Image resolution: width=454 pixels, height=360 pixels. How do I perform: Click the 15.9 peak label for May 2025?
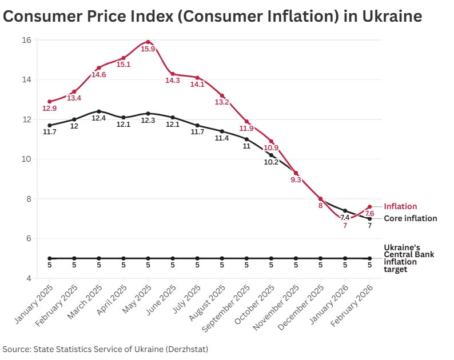pos(148,49)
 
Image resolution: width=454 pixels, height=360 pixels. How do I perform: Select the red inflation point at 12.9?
pos(50,102)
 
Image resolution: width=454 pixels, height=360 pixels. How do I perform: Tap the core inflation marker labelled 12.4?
pos(99,111)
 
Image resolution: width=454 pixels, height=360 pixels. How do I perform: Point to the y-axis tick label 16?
pos(26,40)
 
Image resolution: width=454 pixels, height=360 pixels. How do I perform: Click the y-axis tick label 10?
pos(26,159)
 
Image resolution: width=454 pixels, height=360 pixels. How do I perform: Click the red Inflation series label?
pos(400,206)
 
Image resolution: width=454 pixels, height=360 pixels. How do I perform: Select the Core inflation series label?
pos(410,218)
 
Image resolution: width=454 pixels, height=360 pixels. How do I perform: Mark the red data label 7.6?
pos(369,213)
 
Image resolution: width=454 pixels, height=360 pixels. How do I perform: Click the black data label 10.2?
pos(271,162)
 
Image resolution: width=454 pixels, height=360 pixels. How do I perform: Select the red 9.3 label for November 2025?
pos(296,180)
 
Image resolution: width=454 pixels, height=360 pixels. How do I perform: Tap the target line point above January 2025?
pos(50,258)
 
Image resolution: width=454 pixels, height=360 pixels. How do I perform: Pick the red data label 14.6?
pos(99,75)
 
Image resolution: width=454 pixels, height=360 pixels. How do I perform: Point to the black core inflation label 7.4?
pos(345,217)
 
